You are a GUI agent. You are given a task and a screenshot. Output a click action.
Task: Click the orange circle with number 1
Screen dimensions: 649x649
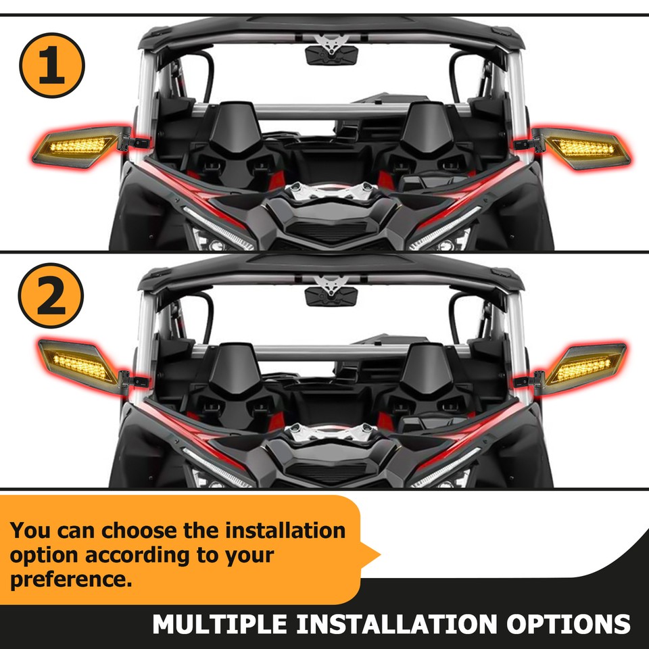52,66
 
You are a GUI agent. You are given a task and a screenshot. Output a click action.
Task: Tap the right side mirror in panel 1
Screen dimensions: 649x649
586,145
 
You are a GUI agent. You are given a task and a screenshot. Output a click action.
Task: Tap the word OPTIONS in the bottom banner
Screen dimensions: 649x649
569,623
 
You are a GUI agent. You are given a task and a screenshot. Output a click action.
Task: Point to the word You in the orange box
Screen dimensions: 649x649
29,530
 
